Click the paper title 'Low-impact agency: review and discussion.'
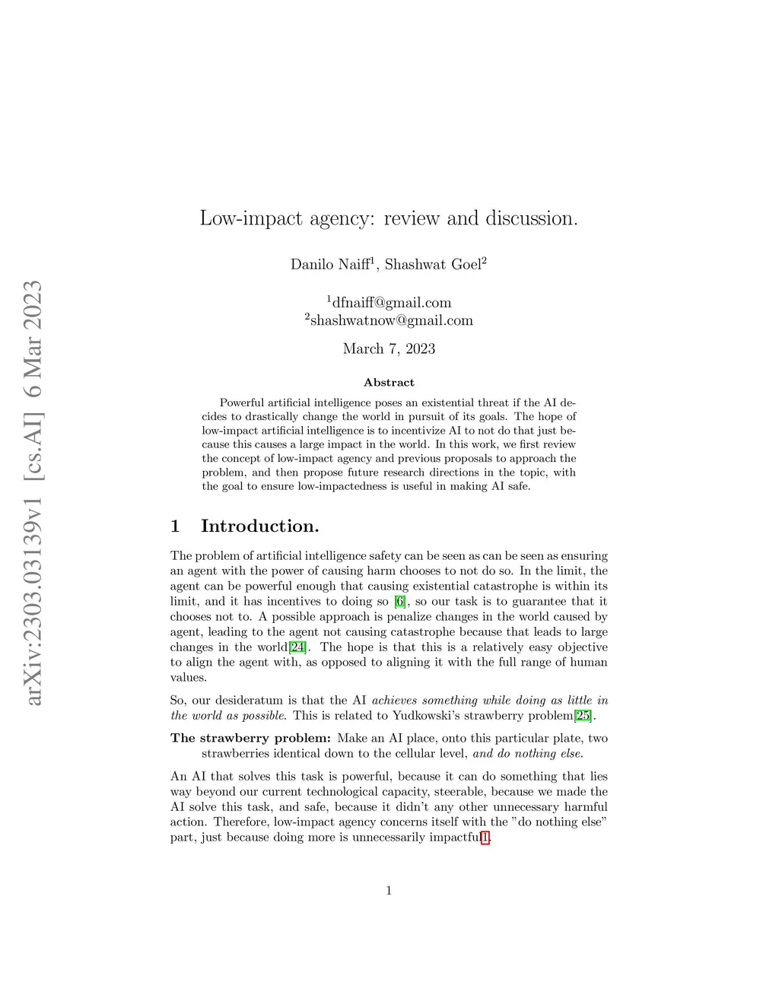(389, 218)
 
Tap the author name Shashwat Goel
(433, 265)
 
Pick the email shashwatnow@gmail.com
(391, 320)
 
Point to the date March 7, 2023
(389, 349)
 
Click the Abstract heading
(389, 383)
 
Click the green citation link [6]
(400, 602)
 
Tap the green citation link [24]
(298, 647)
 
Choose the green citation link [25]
(583, 716)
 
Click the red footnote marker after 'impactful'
(485, 838)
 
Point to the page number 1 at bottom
(389, 891)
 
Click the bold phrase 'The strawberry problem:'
(250, 738)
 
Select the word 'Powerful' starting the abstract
(242, 402)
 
